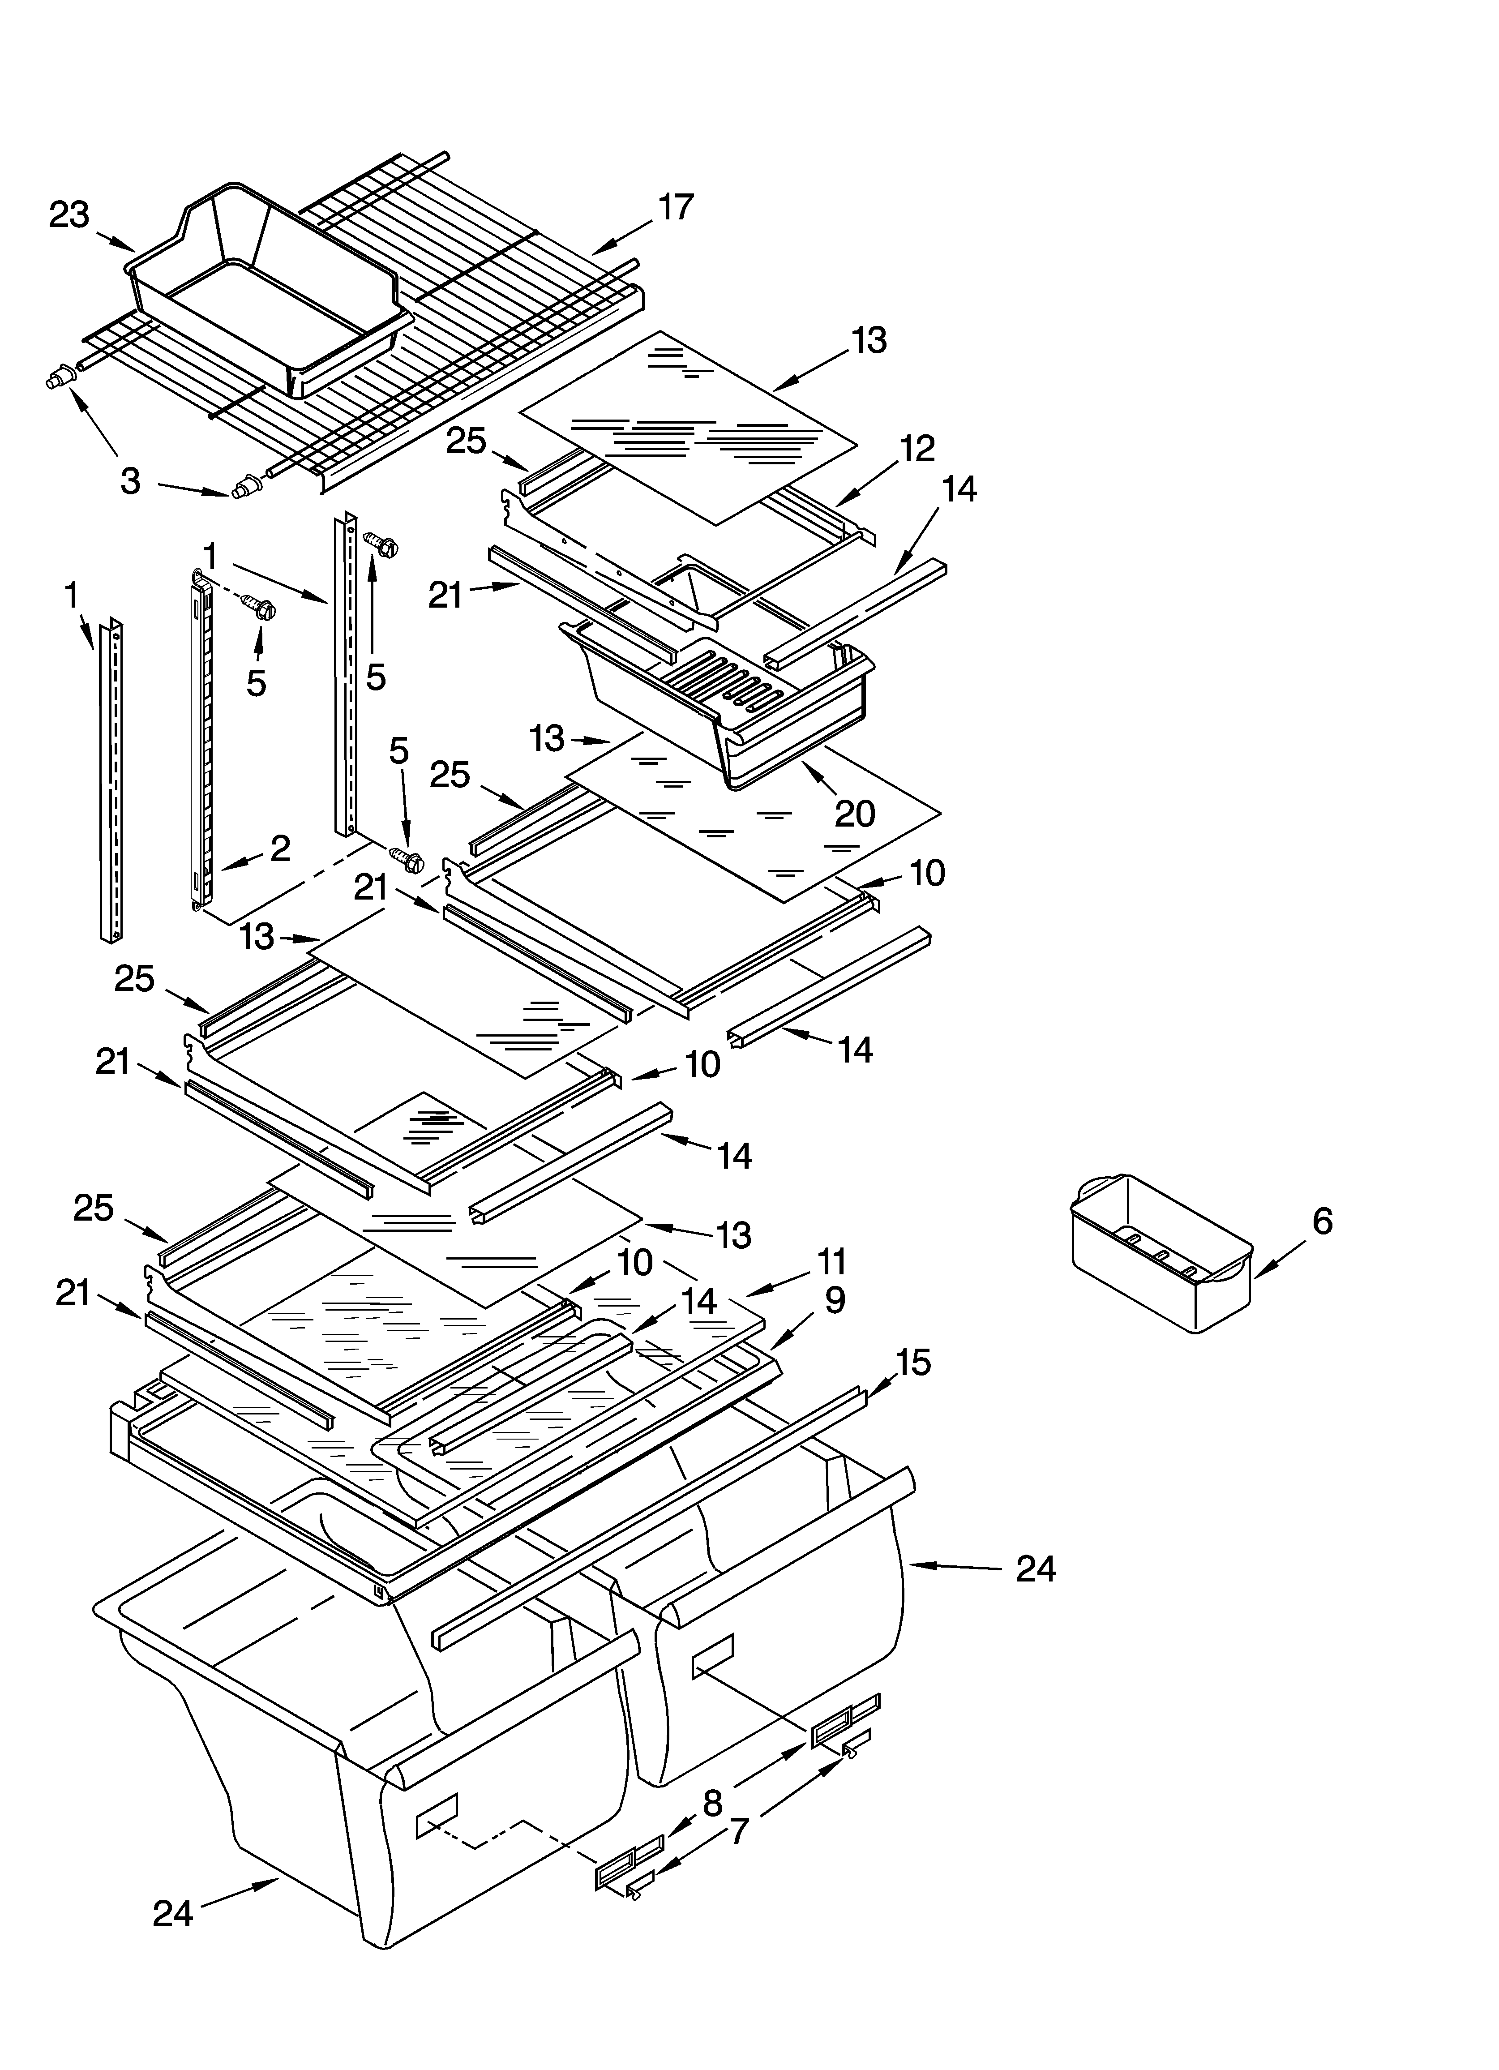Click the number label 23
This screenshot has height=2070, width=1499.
[x=69, y=215]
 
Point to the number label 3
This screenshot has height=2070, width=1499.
[x=131, y=481]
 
